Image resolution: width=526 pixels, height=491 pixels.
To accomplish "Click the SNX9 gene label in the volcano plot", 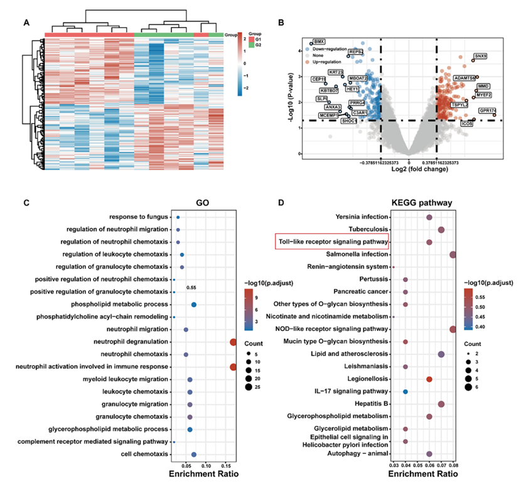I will click(x=481, y=56).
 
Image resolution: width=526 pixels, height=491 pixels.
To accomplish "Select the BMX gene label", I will click(x=319, y=41).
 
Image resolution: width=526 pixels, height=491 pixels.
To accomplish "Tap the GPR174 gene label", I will click(x=488, y=111).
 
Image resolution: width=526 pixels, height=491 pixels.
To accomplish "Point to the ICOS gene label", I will click(x=467, y=124).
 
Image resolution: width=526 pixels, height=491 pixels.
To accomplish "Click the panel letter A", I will click(x=26, y=24).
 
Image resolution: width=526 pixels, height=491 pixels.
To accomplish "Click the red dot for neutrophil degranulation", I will click(x=233, y=342).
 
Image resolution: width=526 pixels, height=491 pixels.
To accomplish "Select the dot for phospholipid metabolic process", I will click(x=194, y=305).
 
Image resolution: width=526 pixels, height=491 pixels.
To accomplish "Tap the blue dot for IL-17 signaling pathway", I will click(x=405, y=391).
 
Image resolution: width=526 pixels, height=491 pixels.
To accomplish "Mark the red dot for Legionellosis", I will click(x=429, y=379).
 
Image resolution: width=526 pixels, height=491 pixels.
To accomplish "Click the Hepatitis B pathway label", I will click(x=368, y=404).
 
